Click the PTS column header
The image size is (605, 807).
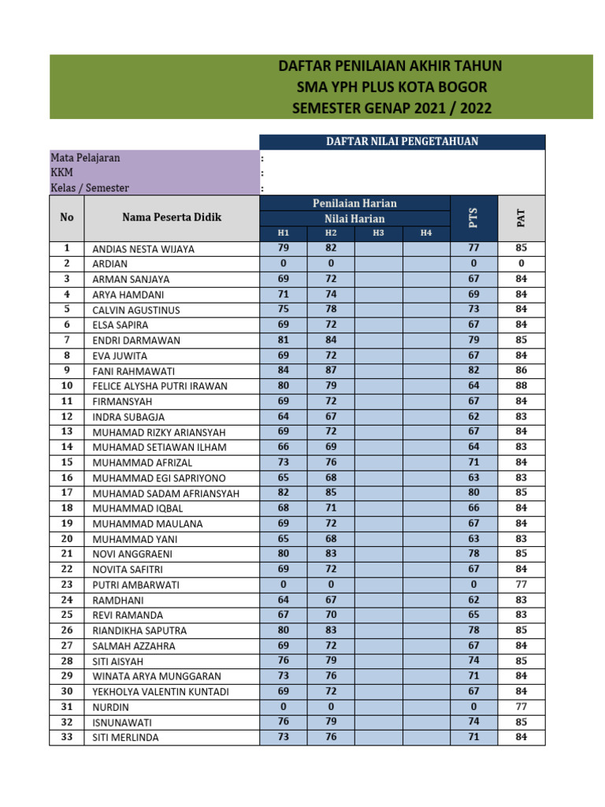[x=473, y=218]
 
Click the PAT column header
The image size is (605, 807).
[x=521, y=218]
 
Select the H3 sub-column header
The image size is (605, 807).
[x=378, y=233]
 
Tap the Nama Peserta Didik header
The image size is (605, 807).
[x=172, y=218]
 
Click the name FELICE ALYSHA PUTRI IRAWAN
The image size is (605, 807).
[x=160, y=386]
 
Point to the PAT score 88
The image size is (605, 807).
[x=521, y=385]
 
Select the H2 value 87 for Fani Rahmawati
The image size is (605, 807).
[x=331, y=370]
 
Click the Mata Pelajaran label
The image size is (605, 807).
[x=86, y=158]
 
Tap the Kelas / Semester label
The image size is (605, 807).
[x=90, y=188]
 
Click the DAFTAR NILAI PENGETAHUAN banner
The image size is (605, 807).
[x=402, y=142]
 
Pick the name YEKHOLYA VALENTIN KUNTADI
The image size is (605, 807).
[x=161, y=691]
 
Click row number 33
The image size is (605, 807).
[x=67, y=737]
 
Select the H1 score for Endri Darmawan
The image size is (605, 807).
[x=284, y=340]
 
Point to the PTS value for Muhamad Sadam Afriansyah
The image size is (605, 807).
[x=473, y=493]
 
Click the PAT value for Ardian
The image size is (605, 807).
[x=521, y=263]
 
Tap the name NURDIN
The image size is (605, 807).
[x=111, y=707]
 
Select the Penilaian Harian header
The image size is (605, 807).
[x=354, y=203]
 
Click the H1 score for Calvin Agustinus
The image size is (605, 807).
[x=284, y=309]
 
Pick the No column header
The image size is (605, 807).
[x=67, y=218]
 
